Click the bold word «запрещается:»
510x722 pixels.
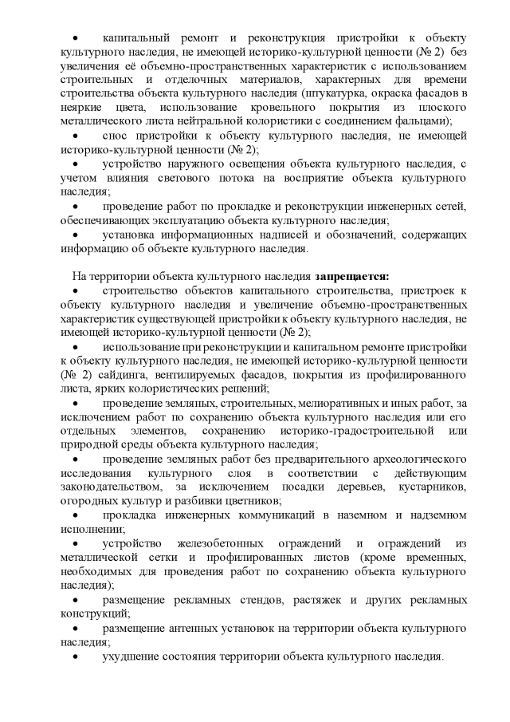coord(351,275)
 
